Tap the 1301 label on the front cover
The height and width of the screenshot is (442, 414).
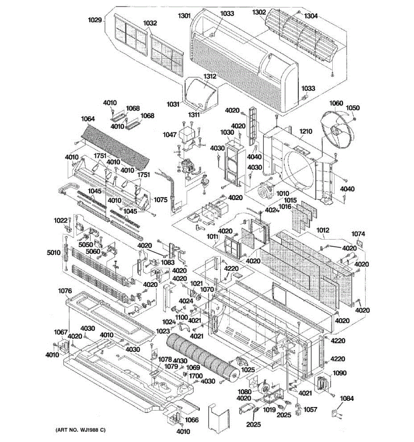(x=184, y=16)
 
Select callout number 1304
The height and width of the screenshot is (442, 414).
(x=311, y=16)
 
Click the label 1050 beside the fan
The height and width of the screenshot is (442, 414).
(x=353, y=108)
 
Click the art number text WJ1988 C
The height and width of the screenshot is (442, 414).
(x=81, y=430)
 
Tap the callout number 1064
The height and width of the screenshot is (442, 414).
(x=88, y=119)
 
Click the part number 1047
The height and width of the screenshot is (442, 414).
(x=170, y=135)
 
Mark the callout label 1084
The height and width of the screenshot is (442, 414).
(x=347, y=398)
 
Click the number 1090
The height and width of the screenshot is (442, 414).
(x=340, y=373)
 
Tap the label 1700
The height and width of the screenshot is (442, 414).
(x=196, y=376)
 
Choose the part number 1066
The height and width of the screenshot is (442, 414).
(x=192, y=420)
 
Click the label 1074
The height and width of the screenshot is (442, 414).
(x=358, y=234)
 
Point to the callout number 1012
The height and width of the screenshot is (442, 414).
(x=323, y=230)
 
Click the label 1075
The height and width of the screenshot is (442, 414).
(x=161, y=200)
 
